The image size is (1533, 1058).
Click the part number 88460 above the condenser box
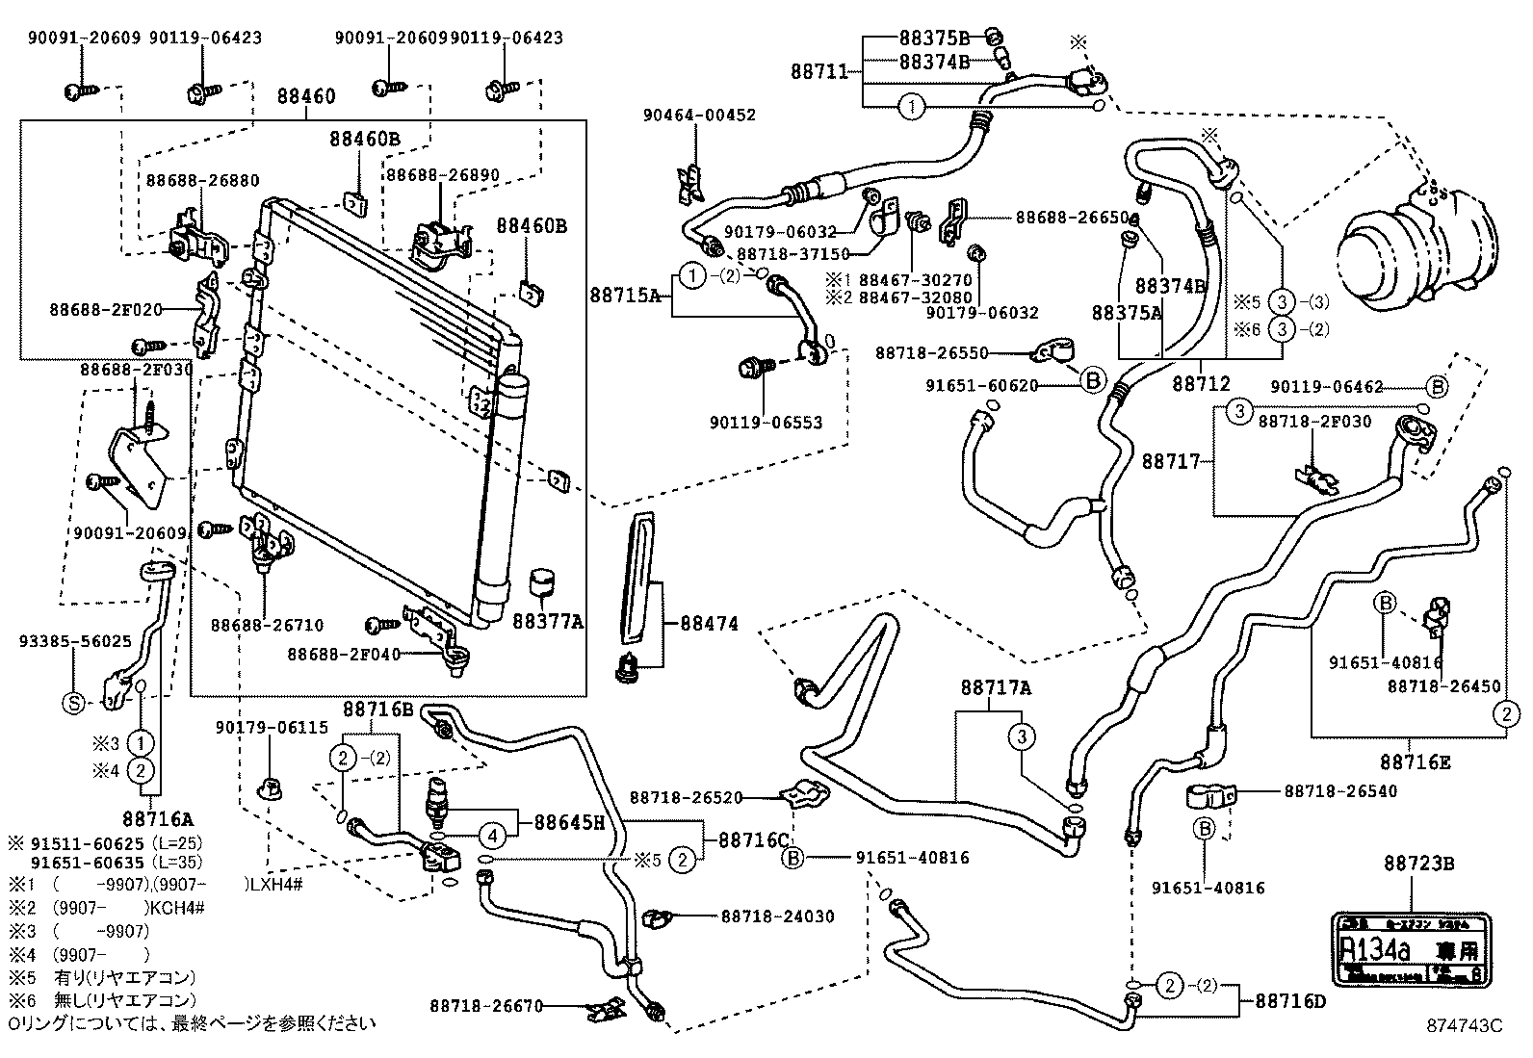(306, 96)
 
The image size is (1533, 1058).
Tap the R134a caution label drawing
(1409, 948)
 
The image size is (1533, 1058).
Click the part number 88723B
(1418, 864)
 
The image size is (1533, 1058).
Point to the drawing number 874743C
(1464, 1026)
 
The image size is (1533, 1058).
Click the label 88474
(709, 624)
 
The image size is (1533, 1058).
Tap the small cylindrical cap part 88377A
(546, 582)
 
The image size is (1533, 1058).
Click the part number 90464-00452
(699, 115)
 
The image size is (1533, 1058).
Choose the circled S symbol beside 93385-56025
(73, 704)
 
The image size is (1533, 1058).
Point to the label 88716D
(1290, 1001)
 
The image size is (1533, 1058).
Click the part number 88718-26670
(487, 1007)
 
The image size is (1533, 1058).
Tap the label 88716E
(1415, 762)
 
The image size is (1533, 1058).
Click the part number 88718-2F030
(1314, 422)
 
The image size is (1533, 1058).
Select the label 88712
(1201, 383)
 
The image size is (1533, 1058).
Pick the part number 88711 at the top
(819, 71)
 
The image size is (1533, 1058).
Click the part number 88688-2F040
(343, 655)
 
